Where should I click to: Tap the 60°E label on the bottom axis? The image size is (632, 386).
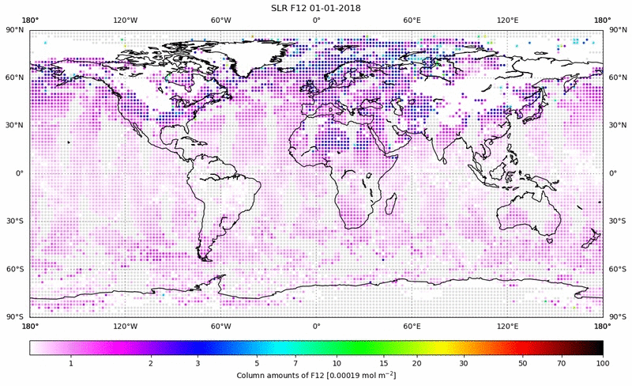tap(412, 325)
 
